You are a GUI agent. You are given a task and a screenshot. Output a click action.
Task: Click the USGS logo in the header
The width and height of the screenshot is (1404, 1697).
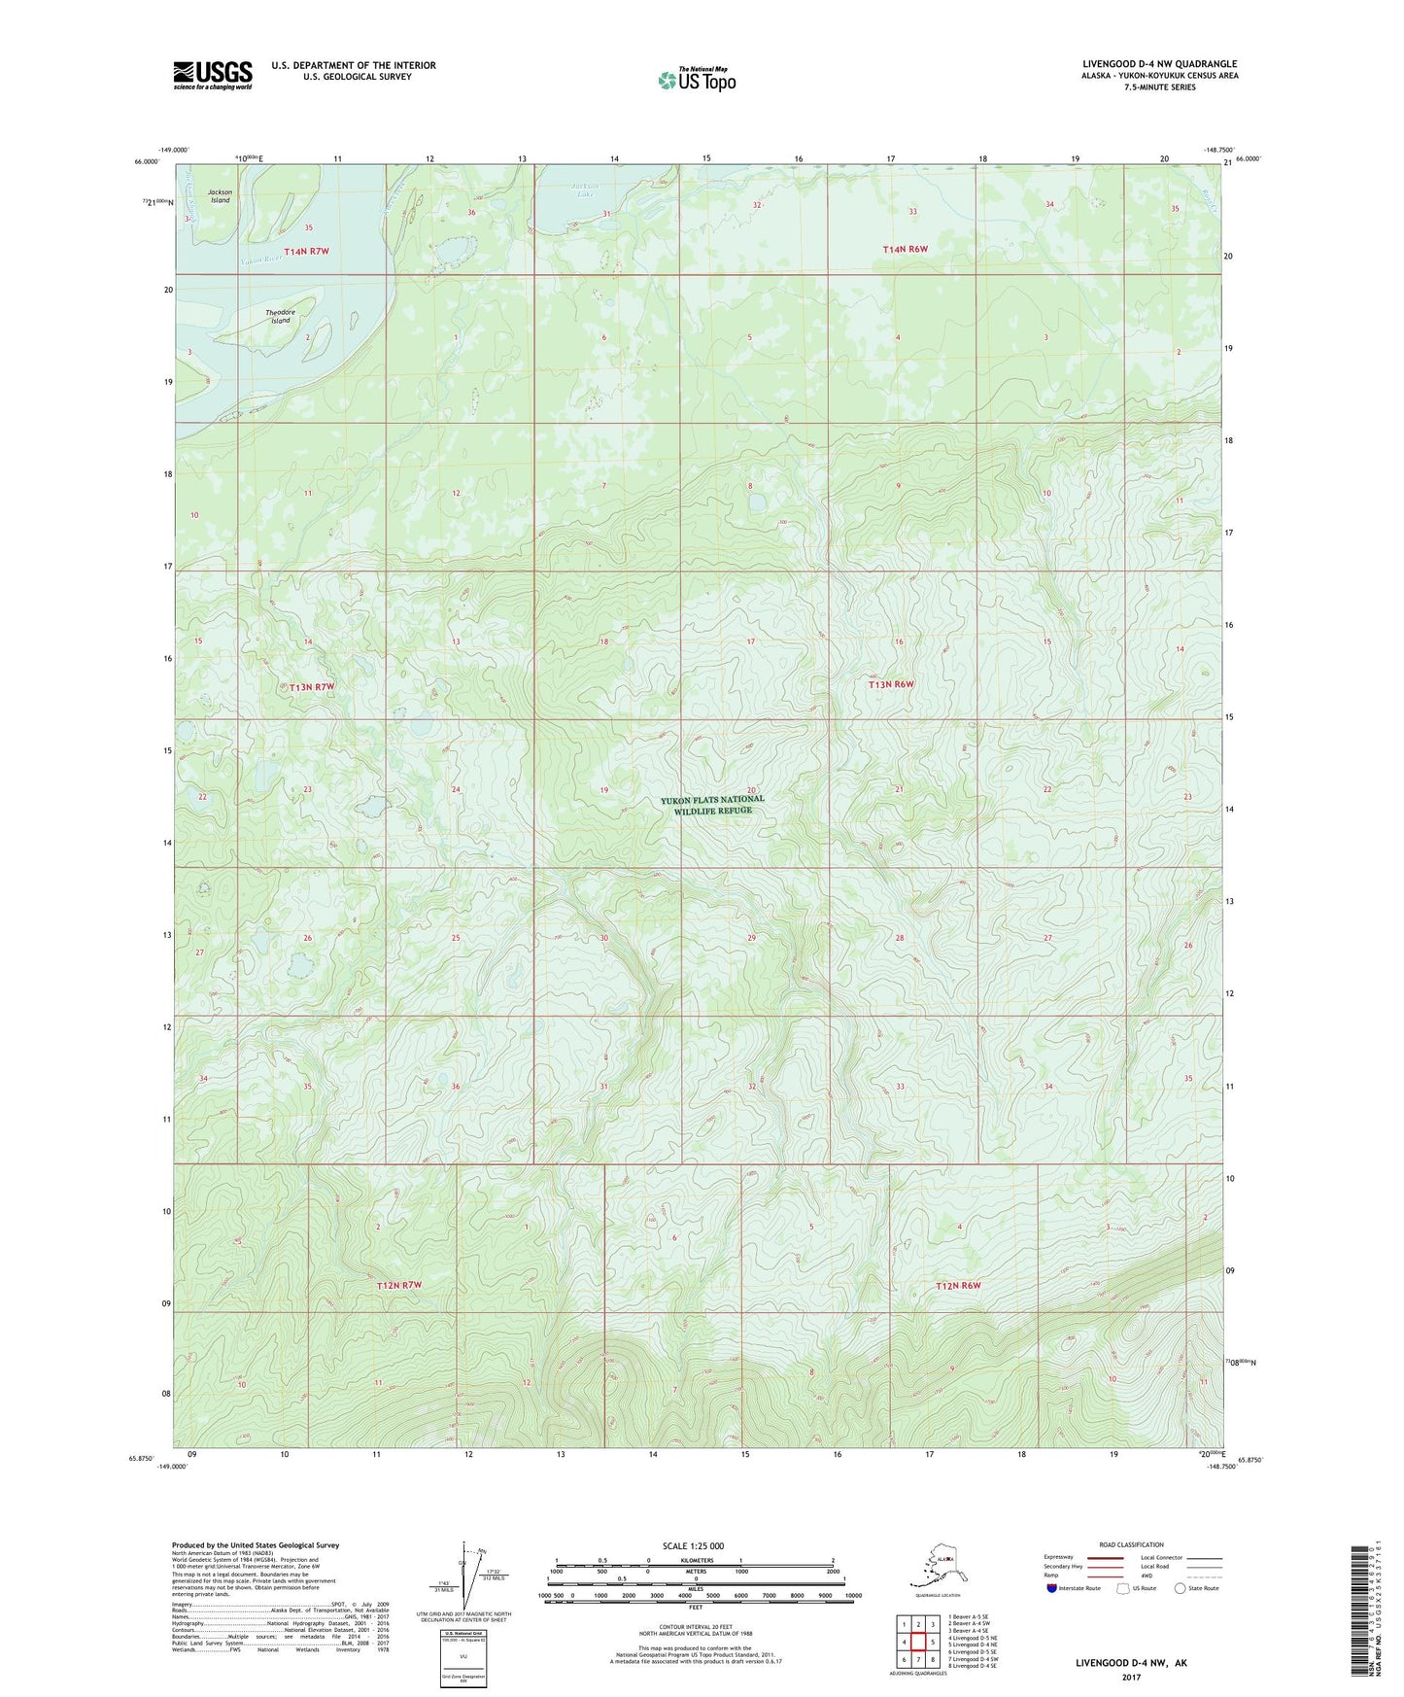pos(213,75)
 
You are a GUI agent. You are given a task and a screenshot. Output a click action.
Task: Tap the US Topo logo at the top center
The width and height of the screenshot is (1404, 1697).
pos(696,79)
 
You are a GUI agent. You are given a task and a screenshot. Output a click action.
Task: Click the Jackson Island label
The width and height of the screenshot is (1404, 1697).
pos(221,196)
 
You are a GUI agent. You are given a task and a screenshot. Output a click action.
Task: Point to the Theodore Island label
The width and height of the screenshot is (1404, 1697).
pos(280,316)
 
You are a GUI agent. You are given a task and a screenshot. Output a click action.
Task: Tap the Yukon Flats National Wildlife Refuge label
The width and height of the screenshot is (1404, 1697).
pos(712,805)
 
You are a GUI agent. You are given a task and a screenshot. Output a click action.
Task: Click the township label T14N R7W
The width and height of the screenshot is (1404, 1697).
pos(307,252)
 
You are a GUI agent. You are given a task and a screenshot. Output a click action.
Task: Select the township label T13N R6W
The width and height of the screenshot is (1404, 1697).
pos(891,684)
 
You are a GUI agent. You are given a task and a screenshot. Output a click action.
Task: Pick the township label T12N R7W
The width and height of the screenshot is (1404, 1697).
pos(399,1286)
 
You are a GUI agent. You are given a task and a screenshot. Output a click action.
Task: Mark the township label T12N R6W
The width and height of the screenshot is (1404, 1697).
pos(958,1286)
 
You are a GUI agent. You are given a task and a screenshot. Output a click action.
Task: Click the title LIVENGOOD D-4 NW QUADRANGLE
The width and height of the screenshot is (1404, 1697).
pos(1159,64)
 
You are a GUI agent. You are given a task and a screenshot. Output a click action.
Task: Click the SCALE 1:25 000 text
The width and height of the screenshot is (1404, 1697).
pos(694,1545)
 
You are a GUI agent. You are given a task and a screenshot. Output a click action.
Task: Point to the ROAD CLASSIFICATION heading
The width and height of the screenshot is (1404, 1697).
pos(1131,1544)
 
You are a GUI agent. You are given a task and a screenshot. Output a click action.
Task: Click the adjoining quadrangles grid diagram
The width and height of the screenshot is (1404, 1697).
pos(917,1644)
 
